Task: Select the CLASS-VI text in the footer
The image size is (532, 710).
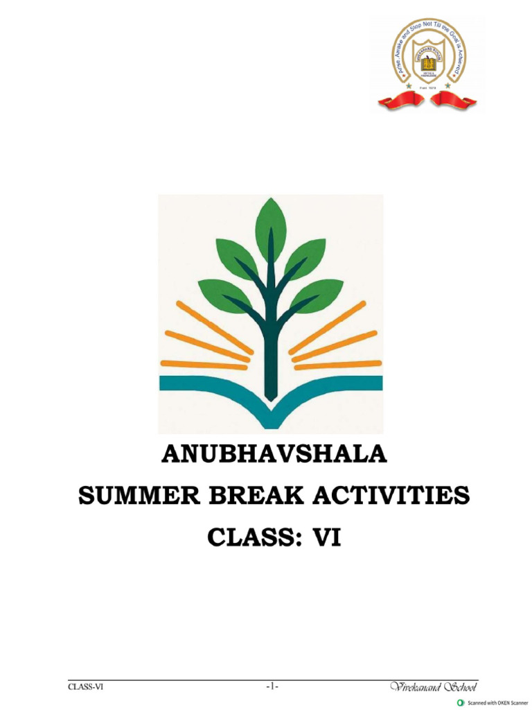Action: coord(85,687)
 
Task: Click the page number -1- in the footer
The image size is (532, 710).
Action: coord(272,687)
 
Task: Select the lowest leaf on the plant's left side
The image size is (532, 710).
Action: coord(223,295)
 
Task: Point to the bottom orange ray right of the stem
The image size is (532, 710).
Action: coord(337,365)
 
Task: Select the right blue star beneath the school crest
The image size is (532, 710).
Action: coord(447,85)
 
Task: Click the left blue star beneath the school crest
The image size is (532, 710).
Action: coord(407,85)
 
